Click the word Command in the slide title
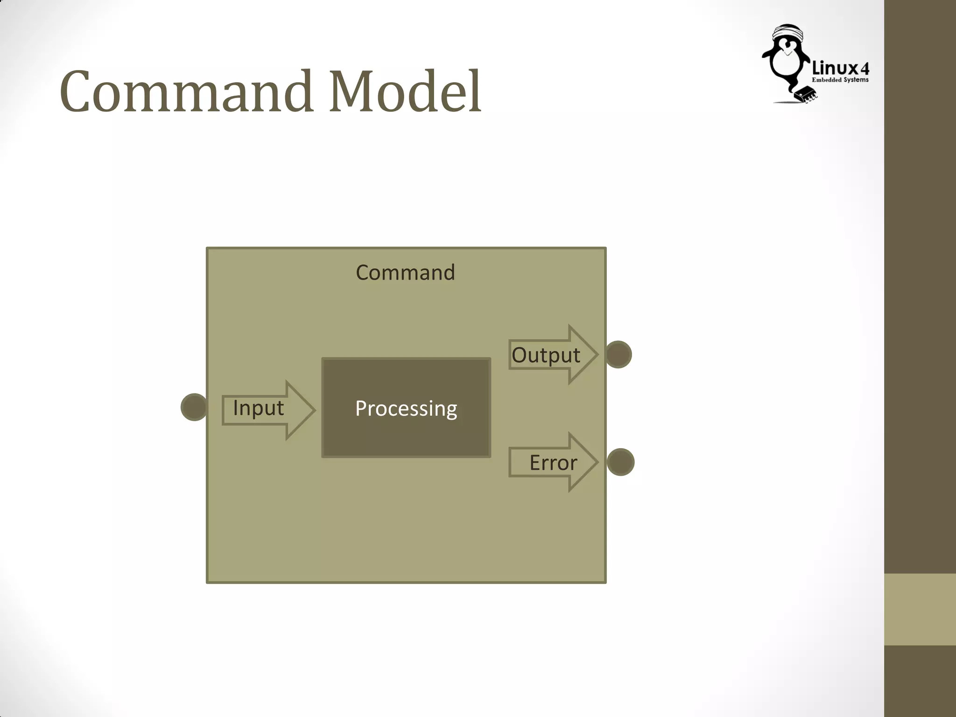[186, 91]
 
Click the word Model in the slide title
[405, 91]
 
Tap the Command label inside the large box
[405, 273]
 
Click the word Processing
[406, 408]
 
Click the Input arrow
[299, 410]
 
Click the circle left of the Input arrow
[194, 407]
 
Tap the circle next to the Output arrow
[619, 355]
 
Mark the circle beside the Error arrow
[620, 462]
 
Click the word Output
[546, 355]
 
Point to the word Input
[258, 408]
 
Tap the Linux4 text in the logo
[840, 69]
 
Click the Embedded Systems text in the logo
[840, 80]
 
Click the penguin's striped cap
[788, 33]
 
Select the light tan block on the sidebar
[920, 609]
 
